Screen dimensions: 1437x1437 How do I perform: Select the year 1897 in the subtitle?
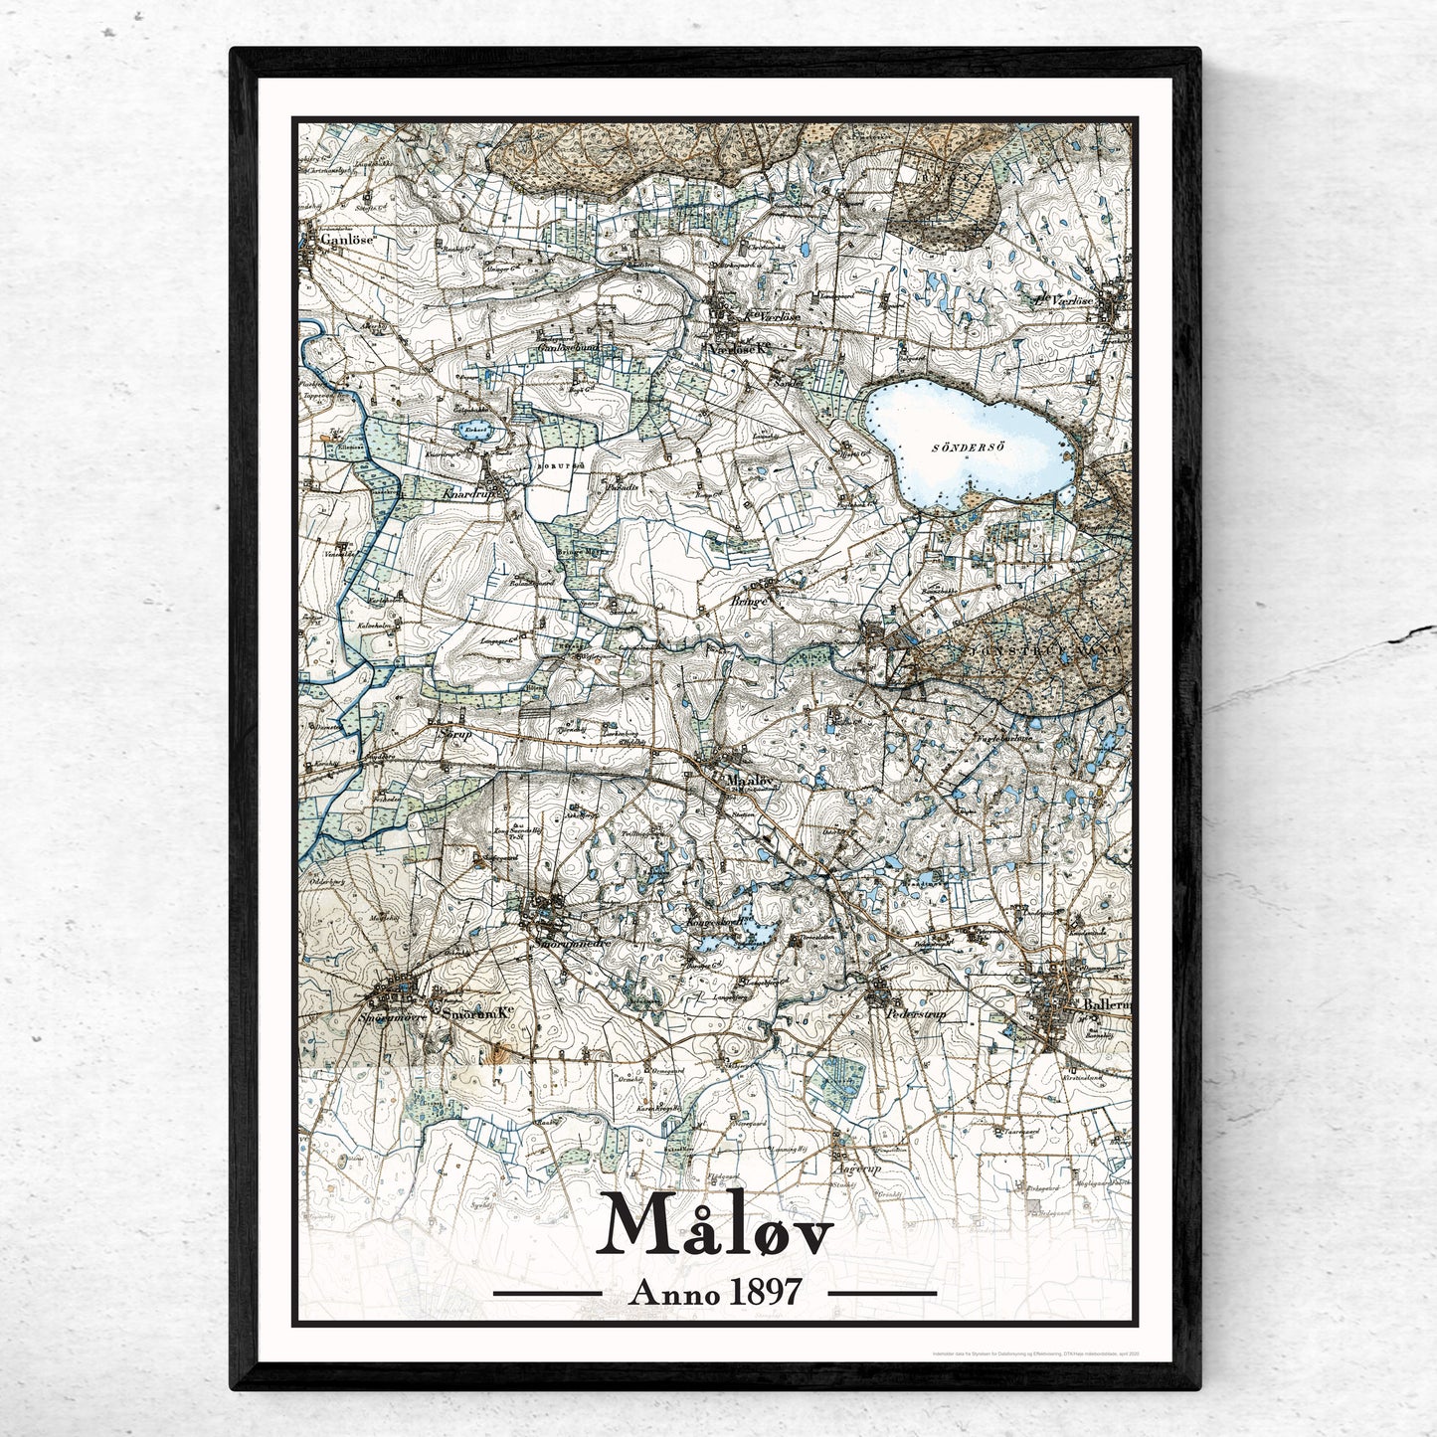point(765,1292)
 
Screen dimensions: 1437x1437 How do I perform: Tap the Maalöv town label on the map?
point(749,781)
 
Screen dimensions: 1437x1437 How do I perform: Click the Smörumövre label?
point(392,1016)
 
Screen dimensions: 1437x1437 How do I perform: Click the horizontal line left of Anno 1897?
point(547,1293)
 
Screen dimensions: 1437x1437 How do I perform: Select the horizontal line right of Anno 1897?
point(882,1293)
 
